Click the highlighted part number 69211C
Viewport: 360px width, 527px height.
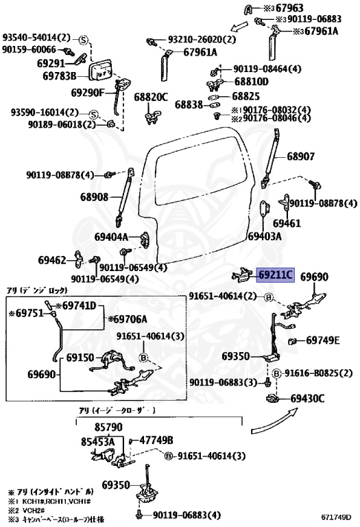276,276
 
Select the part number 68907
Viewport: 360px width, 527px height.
300,156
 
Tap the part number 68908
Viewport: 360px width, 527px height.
94,197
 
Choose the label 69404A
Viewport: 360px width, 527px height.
112,237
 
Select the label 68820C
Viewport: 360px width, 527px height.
151,97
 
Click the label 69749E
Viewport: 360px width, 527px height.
323,340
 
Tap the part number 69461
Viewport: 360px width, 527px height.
287,224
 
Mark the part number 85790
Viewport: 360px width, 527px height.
109,427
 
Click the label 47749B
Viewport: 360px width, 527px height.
156,440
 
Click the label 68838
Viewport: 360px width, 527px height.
189,105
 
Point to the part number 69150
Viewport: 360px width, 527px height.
80,358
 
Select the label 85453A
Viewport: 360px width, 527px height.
97,443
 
